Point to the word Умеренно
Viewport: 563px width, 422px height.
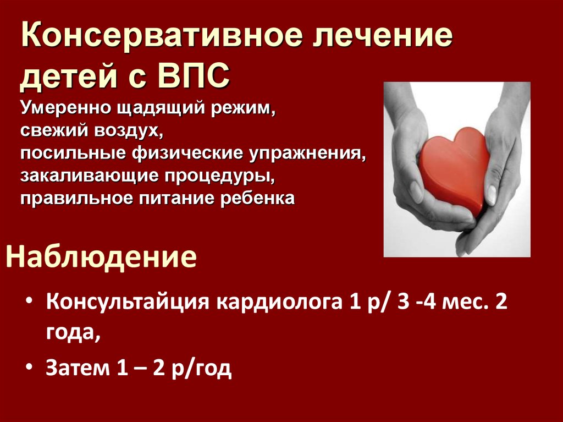click(65, 107)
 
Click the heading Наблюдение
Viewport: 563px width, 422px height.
click(101, 257)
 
